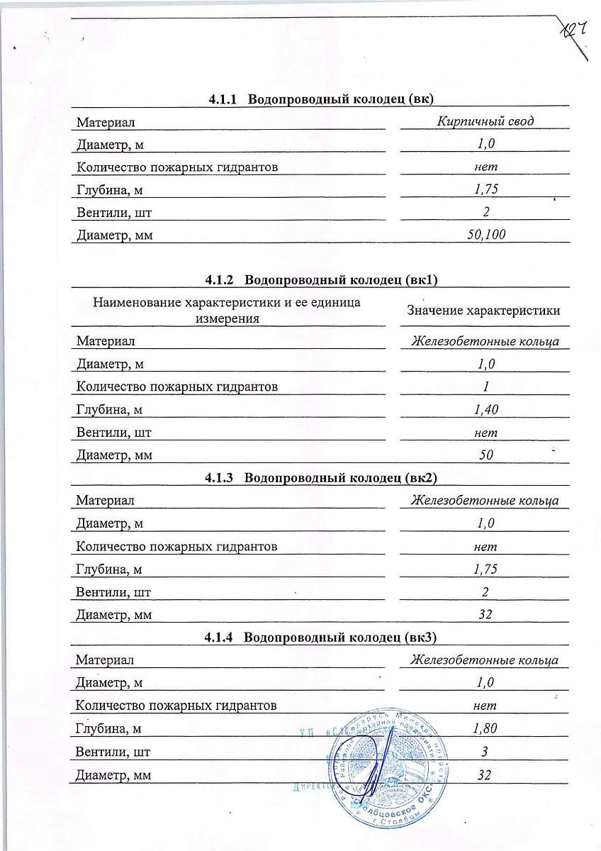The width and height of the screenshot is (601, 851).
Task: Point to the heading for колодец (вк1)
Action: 322,280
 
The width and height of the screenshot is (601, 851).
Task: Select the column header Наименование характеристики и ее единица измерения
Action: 227,311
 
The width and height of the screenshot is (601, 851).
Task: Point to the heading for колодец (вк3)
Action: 322,638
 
